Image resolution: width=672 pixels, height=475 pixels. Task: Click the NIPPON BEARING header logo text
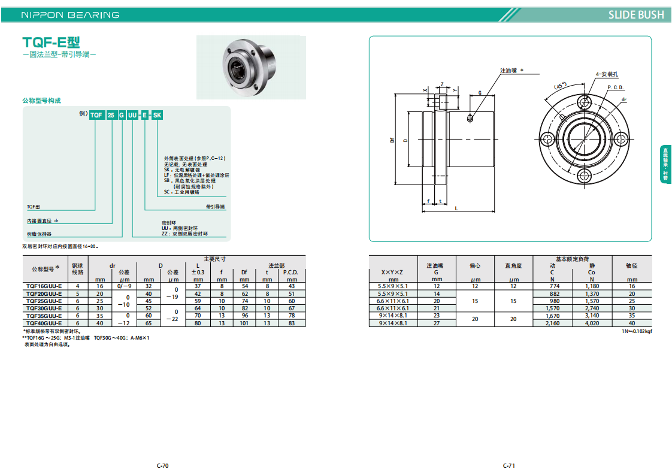pos(70,15)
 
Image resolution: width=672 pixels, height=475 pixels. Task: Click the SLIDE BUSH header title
pos(636,15)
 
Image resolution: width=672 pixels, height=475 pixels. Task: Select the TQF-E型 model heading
pos(51,43)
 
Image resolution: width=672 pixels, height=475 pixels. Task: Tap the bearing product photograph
pos(251,67)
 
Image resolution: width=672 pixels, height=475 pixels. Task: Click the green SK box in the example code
pos(158,115)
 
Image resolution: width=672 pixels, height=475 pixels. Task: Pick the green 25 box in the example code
pos(111,115)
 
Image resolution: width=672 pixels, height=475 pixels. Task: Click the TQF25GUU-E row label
pos(44,301)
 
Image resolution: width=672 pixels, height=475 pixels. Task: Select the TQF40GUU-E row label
pos(44,323)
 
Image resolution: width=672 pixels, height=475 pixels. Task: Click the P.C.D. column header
pos(290,272)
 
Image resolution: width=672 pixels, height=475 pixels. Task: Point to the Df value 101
pos(244,323)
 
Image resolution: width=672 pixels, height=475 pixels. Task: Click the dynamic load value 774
pos(555,286)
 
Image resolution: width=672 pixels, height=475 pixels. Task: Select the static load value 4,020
pos(592,323)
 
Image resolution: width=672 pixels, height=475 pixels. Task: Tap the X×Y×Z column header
pos(392,272)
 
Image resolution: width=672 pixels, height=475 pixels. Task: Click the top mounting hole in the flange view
pos(584,102)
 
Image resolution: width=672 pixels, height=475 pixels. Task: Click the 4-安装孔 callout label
pos(607,74)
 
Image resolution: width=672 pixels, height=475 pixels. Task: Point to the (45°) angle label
pos(560,86)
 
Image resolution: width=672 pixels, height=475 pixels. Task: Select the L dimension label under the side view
pos(456,208)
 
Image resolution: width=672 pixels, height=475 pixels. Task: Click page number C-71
pos(508,465)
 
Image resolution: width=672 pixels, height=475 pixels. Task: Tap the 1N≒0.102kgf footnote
pos(637,331)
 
